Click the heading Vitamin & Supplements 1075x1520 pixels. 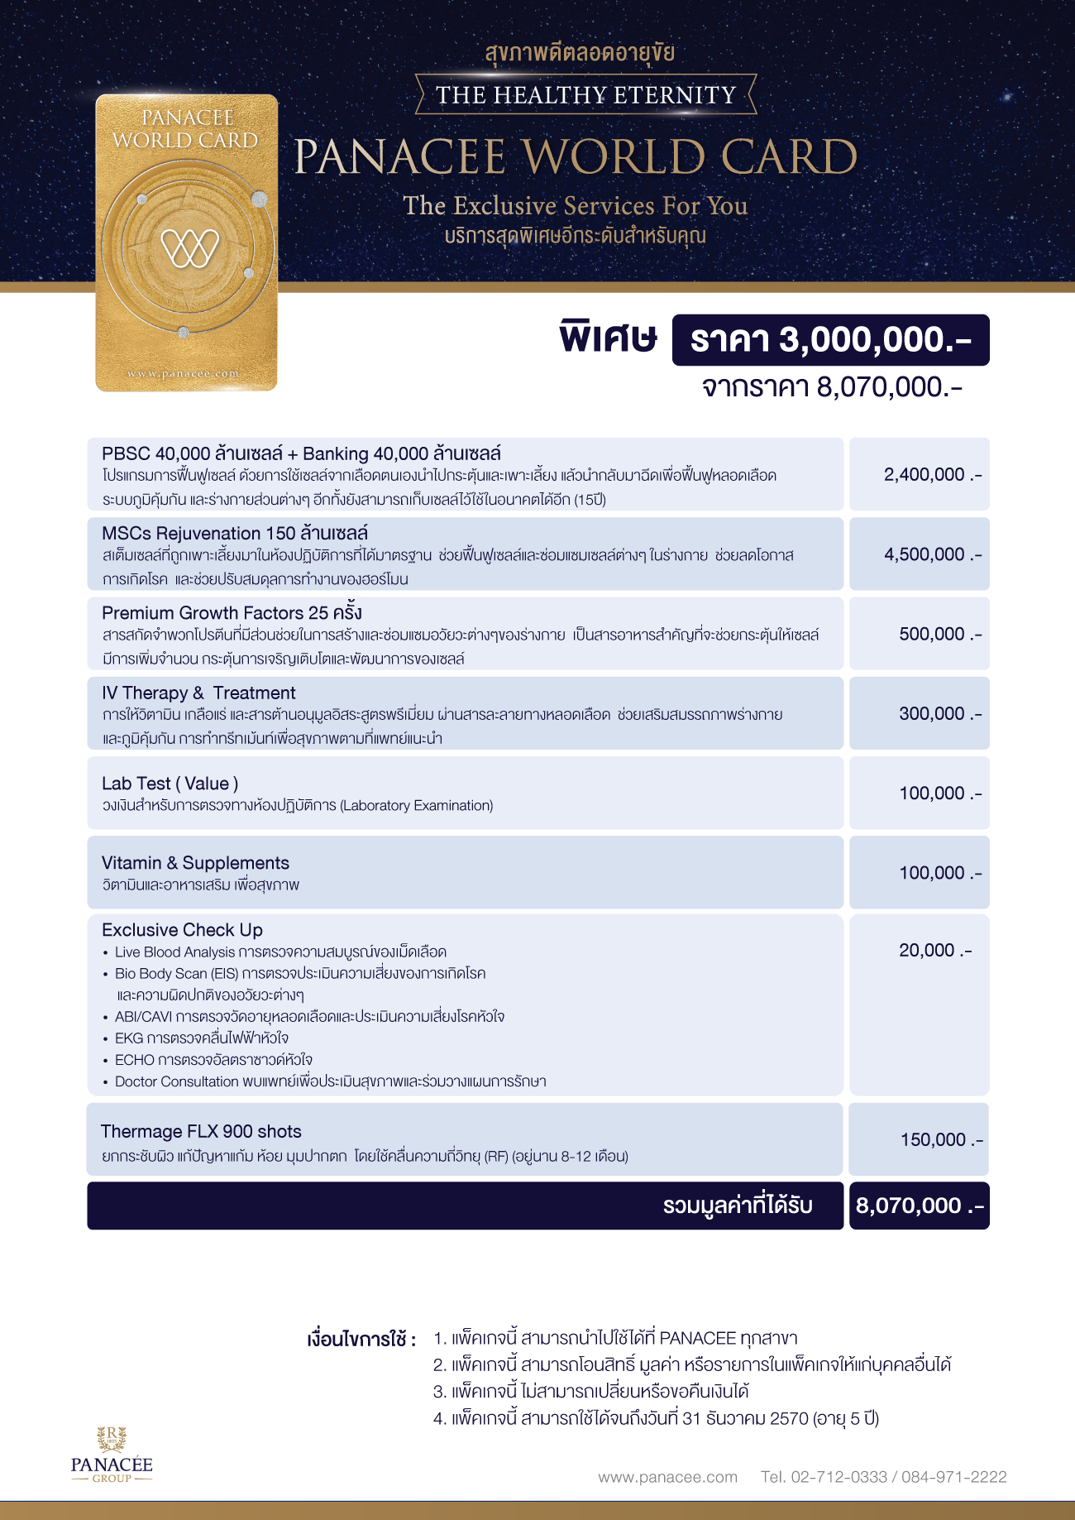click(x=195, y=863)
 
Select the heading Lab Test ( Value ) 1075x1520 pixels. click(x=170, y=784)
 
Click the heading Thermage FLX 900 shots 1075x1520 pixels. click(x=201, y=1131)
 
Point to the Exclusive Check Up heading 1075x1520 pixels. click(x=182, y=930)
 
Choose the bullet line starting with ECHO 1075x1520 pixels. click(x=213, y=1060)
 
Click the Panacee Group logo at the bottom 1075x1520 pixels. click(x=112, y=1455)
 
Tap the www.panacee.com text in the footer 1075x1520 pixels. click(x=667, y=1477)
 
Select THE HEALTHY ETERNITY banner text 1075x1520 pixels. click(x=585, y=95)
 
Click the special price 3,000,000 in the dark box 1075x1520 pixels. click(x=830, y=340)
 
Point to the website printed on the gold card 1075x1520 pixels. click(x=183, y=374)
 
